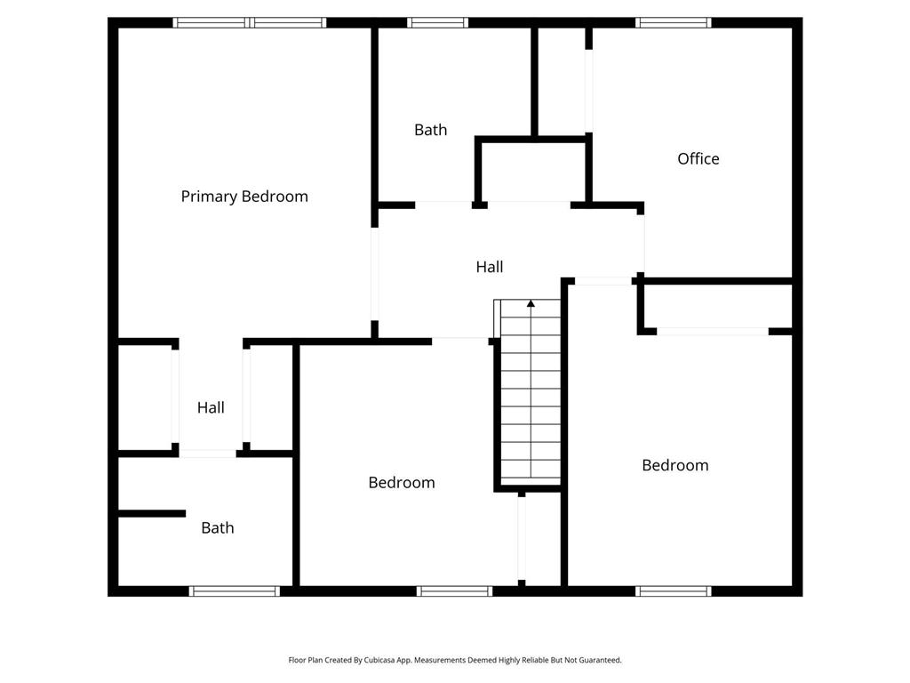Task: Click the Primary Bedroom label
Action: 244,197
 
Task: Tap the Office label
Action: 698,158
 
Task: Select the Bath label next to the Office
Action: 431,130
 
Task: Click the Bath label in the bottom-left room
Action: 218,527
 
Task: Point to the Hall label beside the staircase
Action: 490,267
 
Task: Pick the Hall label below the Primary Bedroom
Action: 211,407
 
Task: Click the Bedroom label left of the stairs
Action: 402,482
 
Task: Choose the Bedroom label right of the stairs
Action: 675,464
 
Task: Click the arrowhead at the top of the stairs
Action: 531,303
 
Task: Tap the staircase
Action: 531,392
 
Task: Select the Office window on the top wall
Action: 674,22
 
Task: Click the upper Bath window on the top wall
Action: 437,22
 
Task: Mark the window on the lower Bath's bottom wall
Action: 235,591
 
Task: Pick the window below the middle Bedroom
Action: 454,591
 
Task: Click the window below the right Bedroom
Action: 674,591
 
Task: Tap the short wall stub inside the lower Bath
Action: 152,513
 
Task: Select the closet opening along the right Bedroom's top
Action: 713,332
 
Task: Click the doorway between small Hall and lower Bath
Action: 208,454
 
